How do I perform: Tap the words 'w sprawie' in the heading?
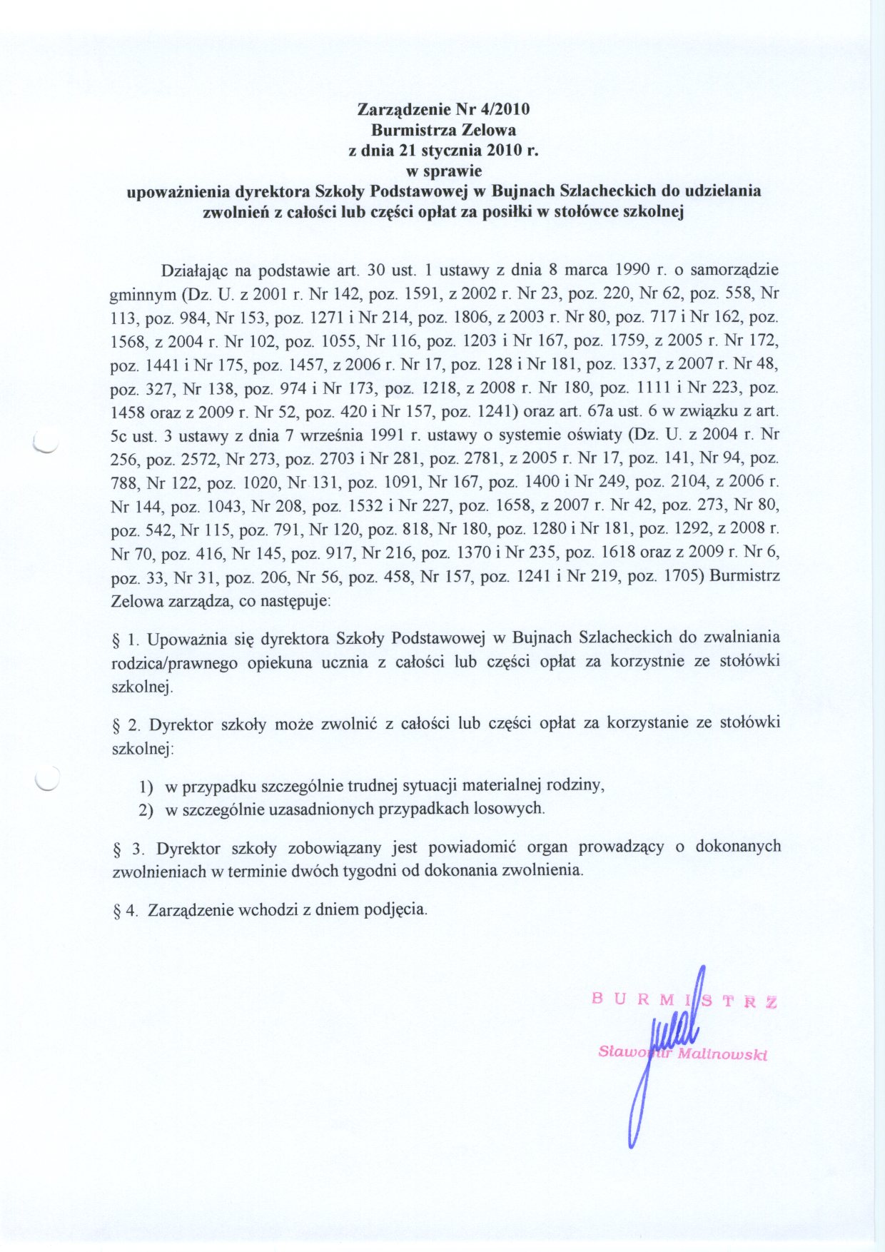[443, 171]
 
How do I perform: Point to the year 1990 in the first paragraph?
[632, 271]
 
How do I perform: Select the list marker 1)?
[146, 787]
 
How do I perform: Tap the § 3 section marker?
[128, 849]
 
